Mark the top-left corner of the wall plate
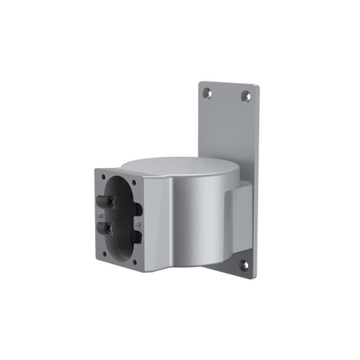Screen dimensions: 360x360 pyautogui.click(x=198, y=79)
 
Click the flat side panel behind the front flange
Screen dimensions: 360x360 pyautogui.click(x=158, y=232)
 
